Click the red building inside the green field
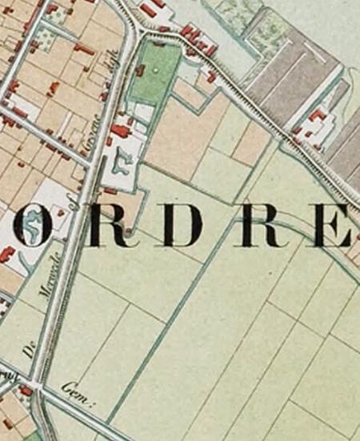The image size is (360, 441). [x=142, y=71]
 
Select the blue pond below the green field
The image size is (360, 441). [x=122, y=160]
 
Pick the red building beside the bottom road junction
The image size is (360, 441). [x=26, y=391]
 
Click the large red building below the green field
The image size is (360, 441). [x=121, y=130]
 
